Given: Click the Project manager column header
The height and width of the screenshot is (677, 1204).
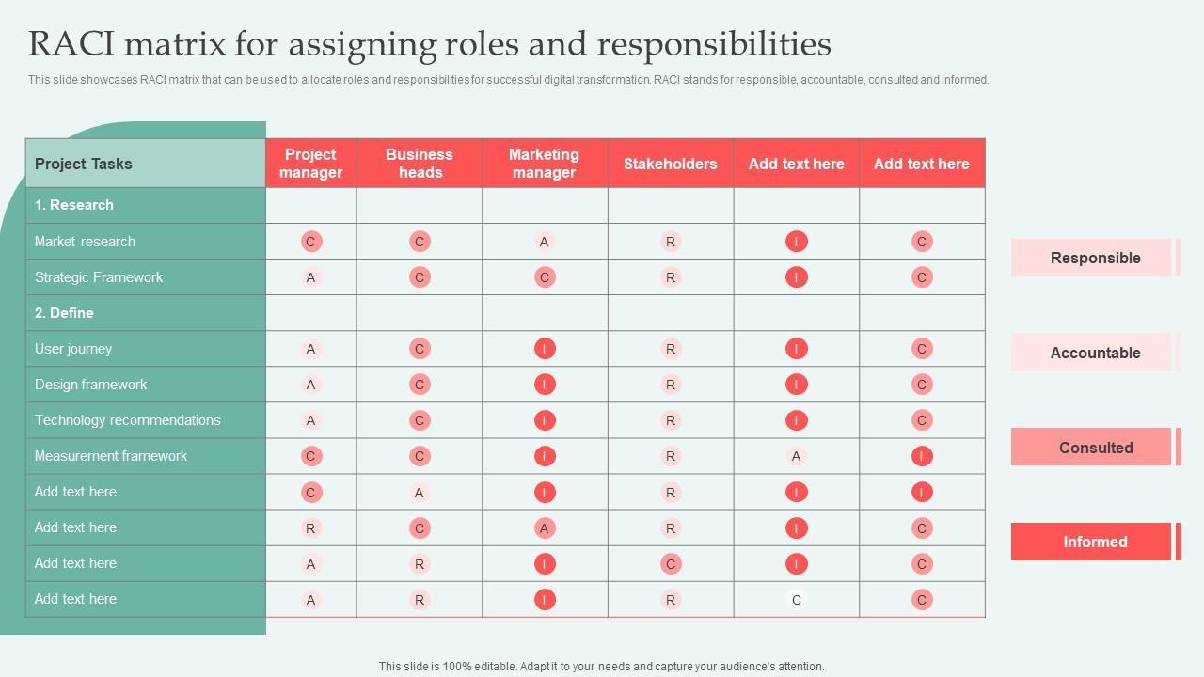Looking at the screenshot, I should pos(310,164).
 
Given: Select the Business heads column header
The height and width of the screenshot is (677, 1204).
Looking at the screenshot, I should pos(420,164).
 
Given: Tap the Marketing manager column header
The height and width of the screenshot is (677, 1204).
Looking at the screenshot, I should pos(544,164).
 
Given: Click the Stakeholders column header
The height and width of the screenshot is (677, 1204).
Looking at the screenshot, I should pos(670,164).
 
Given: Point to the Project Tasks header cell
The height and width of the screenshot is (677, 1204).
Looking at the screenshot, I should pos(84,164).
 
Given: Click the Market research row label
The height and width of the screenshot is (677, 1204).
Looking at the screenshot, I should pos(85,242).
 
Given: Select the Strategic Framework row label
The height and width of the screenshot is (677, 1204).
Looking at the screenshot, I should pos(99,277).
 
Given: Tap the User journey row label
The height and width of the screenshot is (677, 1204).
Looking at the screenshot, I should pos(73,349).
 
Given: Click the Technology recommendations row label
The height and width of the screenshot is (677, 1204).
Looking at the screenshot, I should pos(128,420).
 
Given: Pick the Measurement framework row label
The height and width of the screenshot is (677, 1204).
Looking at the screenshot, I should pos(111,456).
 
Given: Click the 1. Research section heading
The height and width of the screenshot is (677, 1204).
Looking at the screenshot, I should pos(73,205).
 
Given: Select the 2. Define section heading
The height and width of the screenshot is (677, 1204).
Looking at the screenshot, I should pos(64,313).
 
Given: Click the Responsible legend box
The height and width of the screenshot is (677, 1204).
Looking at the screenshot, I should pos(1095,258).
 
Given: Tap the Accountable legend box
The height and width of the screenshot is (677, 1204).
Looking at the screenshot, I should pos(1095,353).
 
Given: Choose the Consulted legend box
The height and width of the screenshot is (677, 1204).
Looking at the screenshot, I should pos(1095,448).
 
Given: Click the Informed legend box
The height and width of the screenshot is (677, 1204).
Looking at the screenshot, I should pos(1095,542).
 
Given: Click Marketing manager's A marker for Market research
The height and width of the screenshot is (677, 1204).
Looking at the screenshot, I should pos(544,242).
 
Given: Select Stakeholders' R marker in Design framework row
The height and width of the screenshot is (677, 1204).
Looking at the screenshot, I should pos(671,385).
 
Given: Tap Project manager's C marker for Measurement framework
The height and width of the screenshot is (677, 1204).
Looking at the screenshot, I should pos(310,456).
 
